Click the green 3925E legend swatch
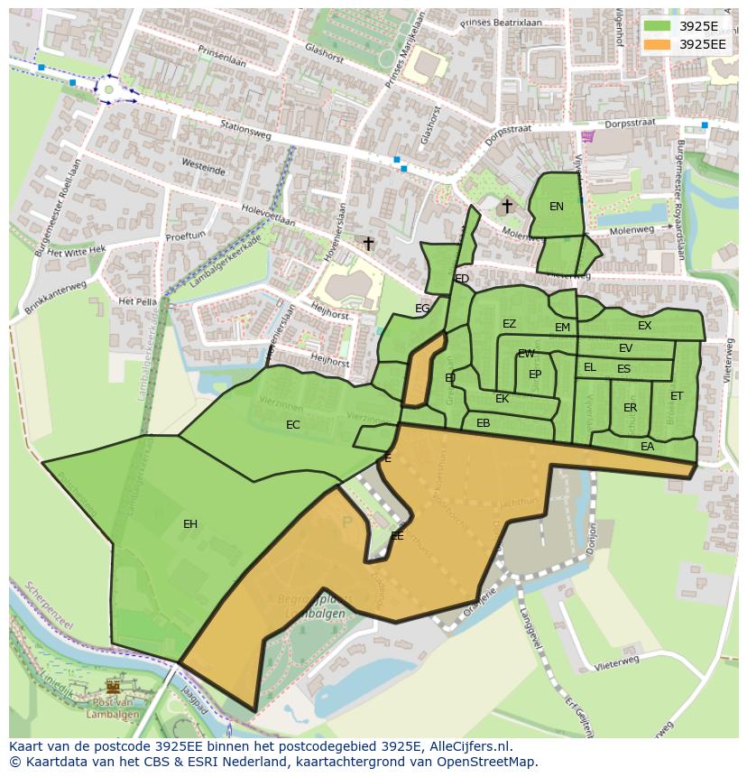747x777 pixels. click(x=658, y=26)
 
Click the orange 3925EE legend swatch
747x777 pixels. click(x=658, y=44)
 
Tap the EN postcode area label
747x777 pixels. click(x=557, y=207)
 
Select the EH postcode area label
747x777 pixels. click(x=190, y=524)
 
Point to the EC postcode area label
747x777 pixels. click(x=293, y=425)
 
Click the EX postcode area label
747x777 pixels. click(x=644, y=326)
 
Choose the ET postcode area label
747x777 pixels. click(x=677, y=396)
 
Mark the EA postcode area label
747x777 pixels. click(x=647, y=447)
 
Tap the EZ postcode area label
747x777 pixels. click(x=509, y=324)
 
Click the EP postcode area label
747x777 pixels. click(x=535, y=375)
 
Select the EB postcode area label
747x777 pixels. click(x=483, y=423)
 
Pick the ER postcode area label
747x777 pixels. click(x=630, y=408)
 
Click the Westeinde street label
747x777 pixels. click(x=202, y=168)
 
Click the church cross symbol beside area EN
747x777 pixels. click(x=507, y=206)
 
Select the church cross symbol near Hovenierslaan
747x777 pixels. click(x=368, y=244)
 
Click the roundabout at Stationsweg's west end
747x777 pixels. click(x=109, y=89)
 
